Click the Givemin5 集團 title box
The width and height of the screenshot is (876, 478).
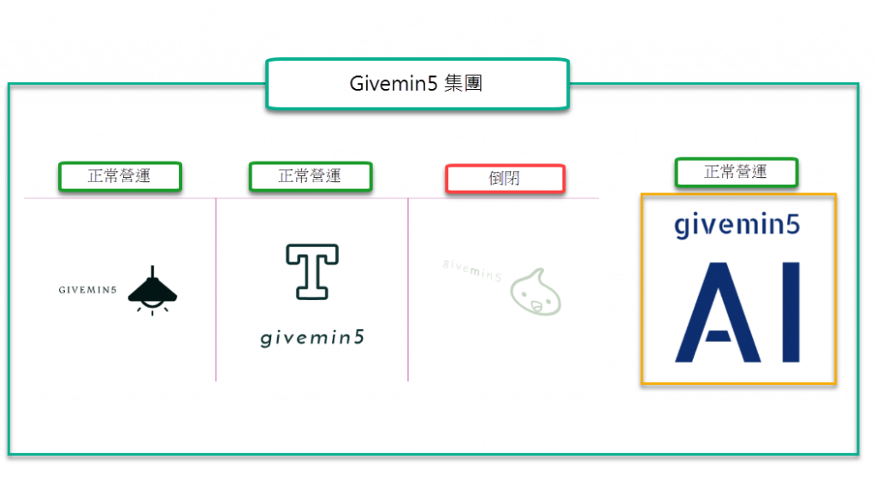pos(417,84)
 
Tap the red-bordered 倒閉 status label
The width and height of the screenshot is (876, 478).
pos(505,179)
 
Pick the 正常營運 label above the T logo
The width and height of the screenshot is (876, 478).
pos(310,176)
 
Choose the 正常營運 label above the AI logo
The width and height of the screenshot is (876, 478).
pos(736,172)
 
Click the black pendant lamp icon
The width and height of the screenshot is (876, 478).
pos(152,290)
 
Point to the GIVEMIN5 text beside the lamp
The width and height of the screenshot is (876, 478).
pos(88,290)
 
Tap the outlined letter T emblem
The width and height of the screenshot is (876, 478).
pos(311,271)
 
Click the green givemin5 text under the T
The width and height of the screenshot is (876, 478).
pos(311,338)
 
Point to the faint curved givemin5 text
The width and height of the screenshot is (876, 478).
pos(471,269)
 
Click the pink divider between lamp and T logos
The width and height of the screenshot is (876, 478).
pos(216,291)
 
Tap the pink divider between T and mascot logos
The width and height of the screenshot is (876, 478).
pos(408,291)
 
